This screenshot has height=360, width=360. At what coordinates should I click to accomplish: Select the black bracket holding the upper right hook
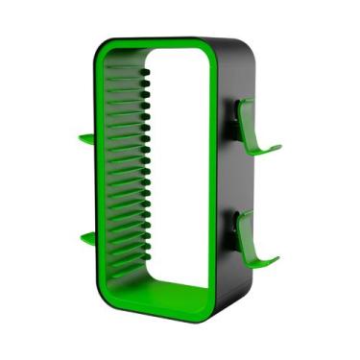pos(237,118)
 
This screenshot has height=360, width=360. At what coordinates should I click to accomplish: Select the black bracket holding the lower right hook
pos(237,226)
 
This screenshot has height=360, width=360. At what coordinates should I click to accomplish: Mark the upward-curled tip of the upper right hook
pos(278,149)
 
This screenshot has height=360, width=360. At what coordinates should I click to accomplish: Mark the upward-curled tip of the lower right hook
pos(278,255)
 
